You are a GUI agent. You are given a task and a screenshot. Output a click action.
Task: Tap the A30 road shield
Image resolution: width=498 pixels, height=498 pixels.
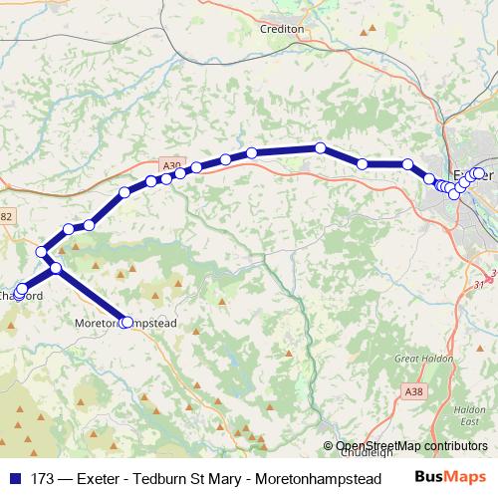171,165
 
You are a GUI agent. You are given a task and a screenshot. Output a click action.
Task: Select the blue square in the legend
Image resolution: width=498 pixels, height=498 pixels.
15,477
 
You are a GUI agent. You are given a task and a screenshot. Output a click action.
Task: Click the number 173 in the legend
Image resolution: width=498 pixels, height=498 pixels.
43,477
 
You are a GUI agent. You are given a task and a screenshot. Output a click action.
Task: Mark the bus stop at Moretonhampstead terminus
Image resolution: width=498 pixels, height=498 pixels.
125,322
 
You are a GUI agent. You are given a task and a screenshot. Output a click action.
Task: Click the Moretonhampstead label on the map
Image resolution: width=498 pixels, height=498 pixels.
126,324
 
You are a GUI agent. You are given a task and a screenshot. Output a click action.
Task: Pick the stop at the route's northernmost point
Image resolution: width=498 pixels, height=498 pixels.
321,148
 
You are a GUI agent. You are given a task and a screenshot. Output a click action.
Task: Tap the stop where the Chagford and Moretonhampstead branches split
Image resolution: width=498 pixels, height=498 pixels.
56,269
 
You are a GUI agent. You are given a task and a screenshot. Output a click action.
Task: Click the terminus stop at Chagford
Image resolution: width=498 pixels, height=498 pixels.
19,291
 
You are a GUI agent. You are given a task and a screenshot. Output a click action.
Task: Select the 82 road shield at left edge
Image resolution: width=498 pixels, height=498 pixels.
6,215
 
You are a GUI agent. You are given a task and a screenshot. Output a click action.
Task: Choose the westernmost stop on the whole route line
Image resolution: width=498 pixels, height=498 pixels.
19,291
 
